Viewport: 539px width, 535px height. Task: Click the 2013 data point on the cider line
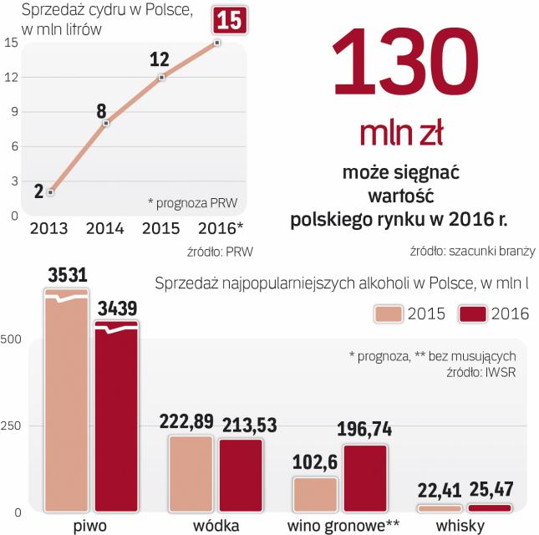point(50,192)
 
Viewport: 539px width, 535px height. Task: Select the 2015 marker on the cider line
point(161,77)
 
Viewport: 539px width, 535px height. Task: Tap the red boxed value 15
point(230,20)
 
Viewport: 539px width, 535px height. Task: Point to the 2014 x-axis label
point(105,228)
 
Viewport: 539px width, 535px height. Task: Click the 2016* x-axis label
point(221,228)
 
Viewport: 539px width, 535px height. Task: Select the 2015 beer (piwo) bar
point(66,401)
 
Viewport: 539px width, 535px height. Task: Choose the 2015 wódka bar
point(191,472)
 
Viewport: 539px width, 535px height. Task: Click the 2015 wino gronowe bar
point(314,493)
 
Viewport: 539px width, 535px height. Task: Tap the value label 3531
point(67,274)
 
